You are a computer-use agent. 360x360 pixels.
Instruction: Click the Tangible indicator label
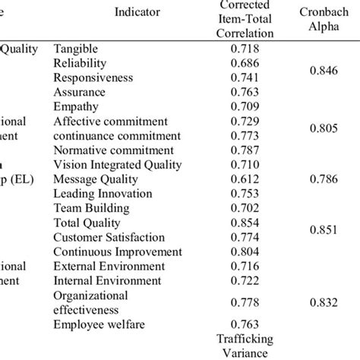point(79,49)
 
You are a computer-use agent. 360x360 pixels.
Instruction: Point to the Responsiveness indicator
point(93,77)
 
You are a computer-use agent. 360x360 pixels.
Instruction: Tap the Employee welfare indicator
point(99,326)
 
